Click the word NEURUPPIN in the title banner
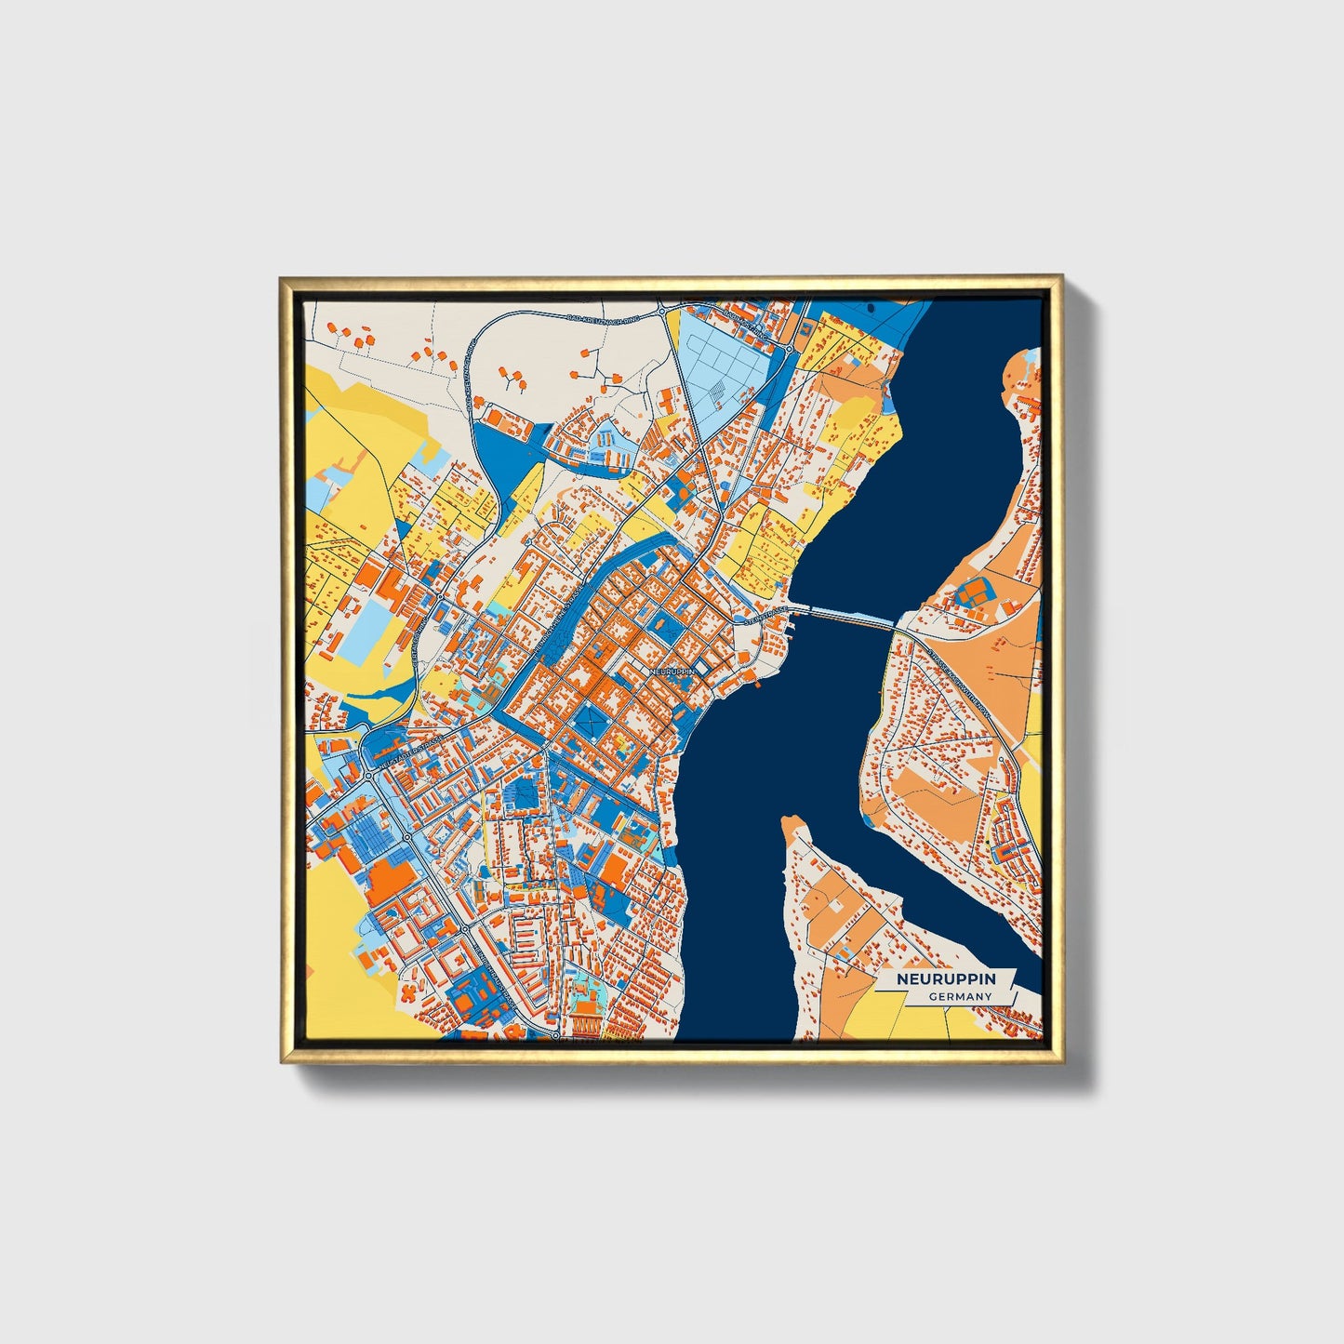946,979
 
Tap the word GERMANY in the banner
960,996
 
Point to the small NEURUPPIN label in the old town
672,670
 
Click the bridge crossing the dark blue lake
845,618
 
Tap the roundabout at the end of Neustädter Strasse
369,773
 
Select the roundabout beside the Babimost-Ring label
789,350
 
